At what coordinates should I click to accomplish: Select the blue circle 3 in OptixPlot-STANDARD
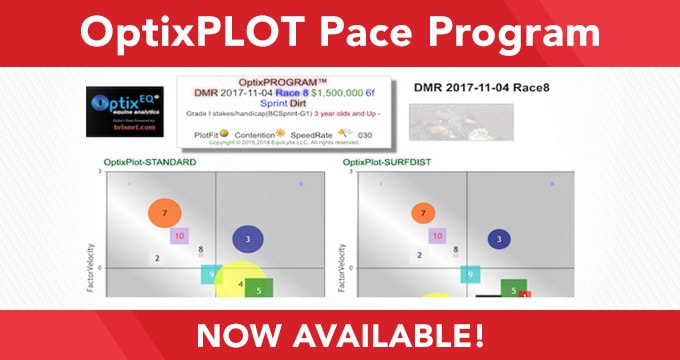(x=247, y=239)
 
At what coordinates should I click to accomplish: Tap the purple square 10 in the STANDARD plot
(x=181, y=236)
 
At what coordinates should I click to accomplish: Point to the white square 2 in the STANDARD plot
(x=157, y=258)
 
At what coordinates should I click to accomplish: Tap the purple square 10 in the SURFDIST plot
(x=435, y=236)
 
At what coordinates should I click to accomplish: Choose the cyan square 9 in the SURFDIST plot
(x=468, y=274)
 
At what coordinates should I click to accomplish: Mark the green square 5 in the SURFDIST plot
(x=513, y=289)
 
